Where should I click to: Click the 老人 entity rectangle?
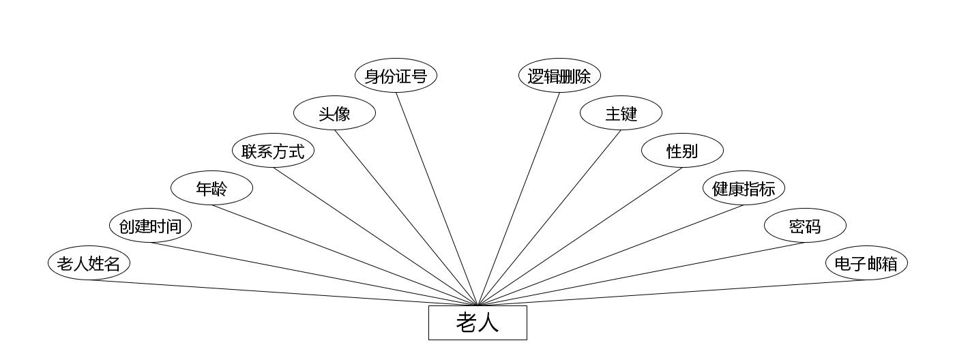477,322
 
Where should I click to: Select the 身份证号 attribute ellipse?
396,76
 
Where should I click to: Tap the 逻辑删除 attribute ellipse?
559,76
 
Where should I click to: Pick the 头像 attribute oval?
334,113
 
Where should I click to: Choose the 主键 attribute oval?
621,113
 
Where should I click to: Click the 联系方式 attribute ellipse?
273,151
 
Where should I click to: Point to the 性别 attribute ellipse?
682,151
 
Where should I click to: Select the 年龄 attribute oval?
211,188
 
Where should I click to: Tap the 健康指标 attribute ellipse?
744,188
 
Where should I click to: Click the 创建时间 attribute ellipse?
150,226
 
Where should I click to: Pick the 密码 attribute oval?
805,226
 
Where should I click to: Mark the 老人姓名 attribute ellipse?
89,263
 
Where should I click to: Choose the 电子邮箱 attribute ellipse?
866,263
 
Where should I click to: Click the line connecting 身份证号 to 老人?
437,198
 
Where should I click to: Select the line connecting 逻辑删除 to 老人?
518,198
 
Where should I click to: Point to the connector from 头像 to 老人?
406,217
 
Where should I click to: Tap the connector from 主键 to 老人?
549,217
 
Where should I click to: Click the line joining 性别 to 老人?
580,236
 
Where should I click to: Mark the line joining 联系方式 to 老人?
375,236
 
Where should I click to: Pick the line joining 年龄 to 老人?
344,255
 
